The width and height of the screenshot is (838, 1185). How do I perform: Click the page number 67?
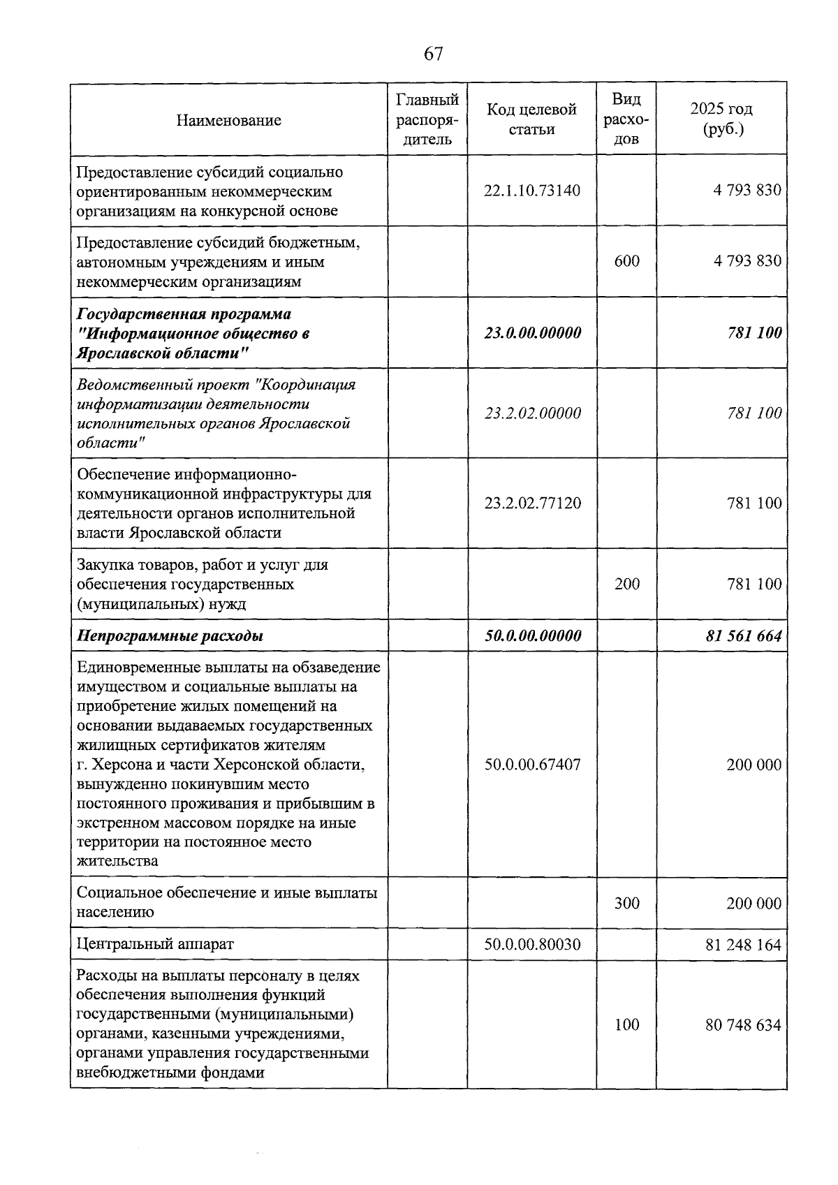coord(433,54)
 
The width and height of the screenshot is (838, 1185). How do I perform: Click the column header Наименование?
coord(228,120)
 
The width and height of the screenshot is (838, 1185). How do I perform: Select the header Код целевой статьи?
coord(531,119)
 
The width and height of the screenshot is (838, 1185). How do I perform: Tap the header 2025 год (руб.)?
coord(721,119)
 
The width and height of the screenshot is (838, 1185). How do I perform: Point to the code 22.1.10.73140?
coord(531,191)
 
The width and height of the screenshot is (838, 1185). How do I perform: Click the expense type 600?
coord(626,261)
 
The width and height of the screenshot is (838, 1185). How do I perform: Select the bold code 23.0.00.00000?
coord(532,333)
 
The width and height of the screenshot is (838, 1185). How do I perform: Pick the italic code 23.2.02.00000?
coord(532,413)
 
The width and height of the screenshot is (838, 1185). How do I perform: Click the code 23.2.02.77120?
coord(532,503)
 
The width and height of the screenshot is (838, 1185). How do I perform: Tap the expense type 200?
coord(626,584)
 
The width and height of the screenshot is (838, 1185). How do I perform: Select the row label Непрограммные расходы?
coord(170,636)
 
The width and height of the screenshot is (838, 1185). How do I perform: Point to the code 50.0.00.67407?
coord(532,765)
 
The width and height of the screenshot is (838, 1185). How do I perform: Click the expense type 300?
coord(626,903)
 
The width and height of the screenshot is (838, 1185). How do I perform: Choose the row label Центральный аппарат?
coord(155,944)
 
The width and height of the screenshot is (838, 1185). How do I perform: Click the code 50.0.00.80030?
coord(532,944)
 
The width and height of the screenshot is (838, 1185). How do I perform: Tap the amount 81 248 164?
coord(744,945)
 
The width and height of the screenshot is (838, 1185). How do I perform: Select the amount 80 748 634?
coord(744,1025)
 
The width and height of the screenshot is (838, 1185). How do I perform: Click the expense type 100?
coord(626,1024)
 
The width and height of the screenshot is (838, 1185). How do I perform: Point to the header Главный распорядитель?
coord(427,119)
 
